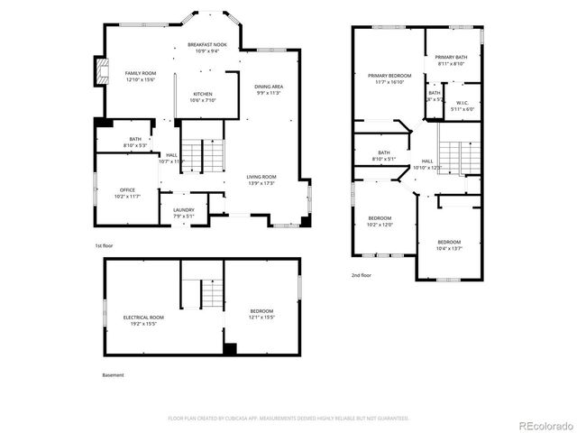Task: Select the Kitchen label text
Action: [203, 97]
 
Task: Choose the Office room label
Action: [127, 192]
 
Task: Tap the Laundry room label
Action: [184, 212]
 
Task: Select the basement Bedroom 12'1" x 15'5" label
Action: [261, 314]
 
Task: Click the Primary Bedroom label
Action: [389, 78]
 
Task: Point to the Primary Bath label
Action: [452, 60]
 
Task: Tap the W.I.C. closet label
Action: [462, 106]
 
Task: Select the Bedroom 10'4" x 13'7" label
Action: [449, 244]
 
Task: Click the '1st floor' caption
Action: [105, 245]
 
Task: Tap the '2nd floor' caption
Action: [362, 277]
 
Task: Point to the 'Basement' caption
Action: [113, 374]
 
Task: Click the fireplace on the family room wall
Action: [98, 73]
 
